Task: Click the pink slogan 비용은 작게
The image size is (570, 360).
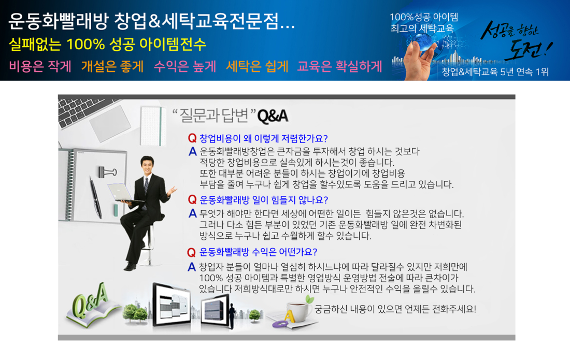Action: pos(40,66)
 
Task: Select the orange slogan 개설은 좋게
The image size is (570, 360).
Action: pos(112,66)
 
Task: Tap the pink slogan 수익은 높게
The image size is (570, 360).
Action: pos(185,66)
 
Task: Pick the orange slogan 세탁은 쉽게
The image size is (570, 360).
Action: pos(257,66)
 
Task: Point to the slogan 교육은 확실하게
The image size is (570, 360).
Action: pos(339,66)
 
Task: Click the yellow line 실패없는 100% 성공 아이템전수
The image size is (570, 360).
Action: pos(107,45)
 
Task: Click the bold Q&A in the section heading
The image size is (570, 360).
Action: pos(273,116)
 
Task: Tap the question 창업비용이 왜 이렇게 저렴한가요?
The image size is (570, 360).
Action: pos(264,138)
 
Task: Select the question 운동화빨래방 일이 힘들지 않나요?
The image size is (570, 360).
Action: pos(264,200)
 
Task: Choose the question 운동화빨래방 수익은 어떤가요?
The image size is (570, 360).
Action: pos(259,252)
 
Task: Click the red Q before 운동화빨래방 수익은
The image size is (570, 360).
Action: pos(192,252)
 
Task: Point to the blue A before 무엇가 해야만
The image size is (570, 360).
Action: pos(192,213)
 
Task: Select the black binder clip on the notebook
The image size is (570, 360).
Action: pos(106,171)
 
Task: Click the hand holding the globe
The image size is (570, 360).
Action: pos(419,58)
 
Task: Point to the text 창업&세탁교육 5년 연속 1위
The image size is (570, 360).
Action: pos(495,72)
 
